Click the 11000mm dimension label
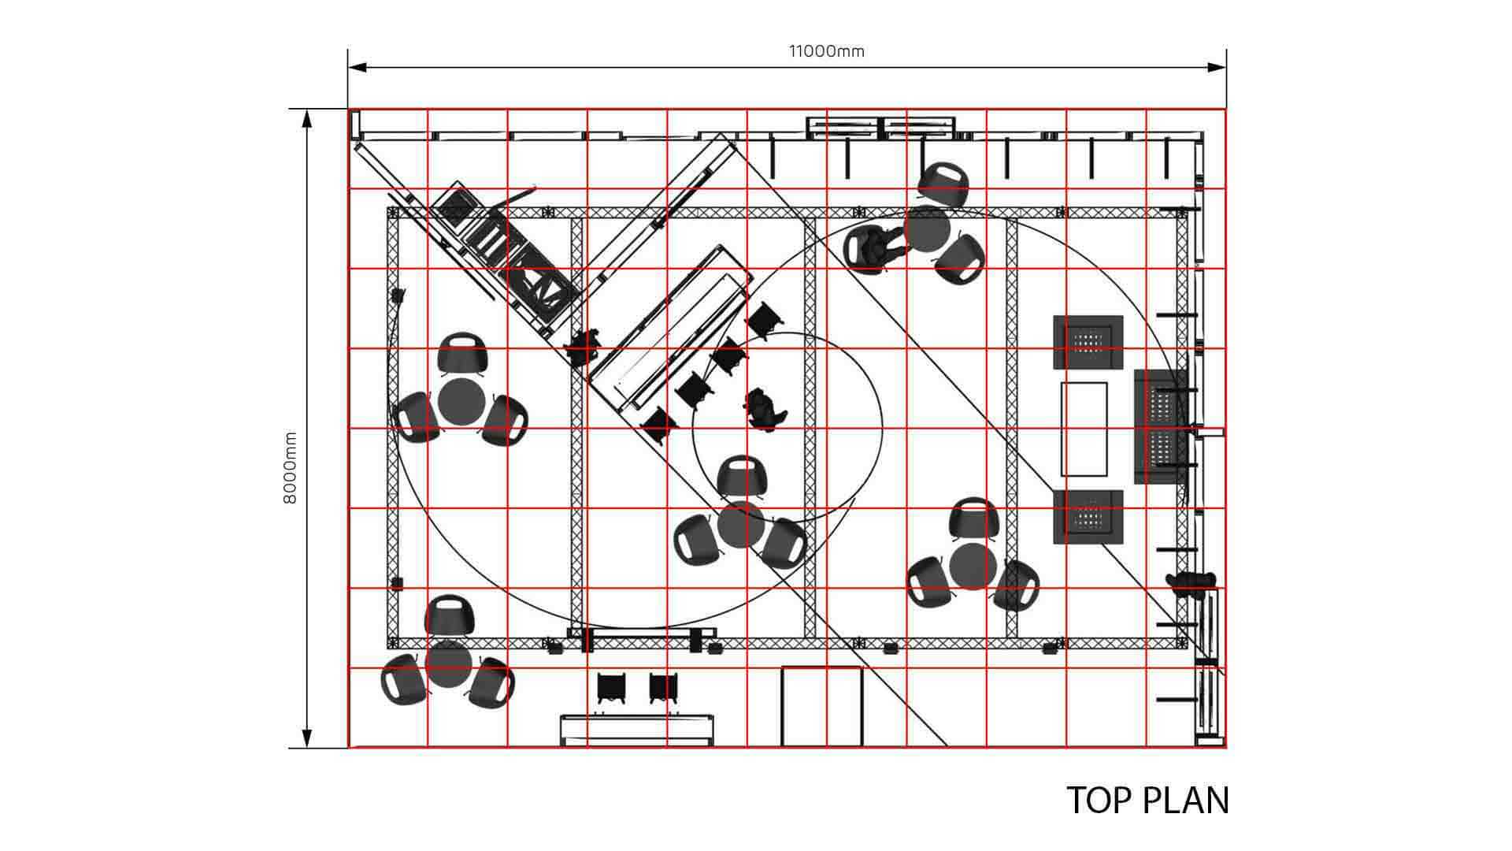tap(827, 51)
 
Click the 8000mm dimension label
tap(290, 468)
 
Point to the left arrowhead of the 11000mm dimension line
tap(357, 67)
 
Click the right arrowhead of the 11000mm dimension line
tap(1217, 67)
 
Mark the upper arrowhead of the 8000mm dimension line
tap(306, 118)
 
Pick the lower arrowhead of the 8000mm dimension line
tap(306, 738)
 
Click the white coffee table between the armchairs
tap(1084, 429)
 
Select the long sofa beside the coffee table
tap(1161, 426)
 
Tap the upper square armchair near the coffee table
tap(1088, 342)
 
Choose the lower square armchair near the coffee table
tap(1088, 516)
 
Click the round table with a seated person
tap(927, 229)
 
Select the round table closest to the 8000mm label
tap(461, 402)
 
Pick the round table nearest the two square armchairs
tap(973, 567)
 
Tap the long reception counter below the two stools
tap(639, 730)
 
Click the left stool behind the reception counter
tap(612, 688)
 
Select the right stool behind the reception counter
tap(665, 688)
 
